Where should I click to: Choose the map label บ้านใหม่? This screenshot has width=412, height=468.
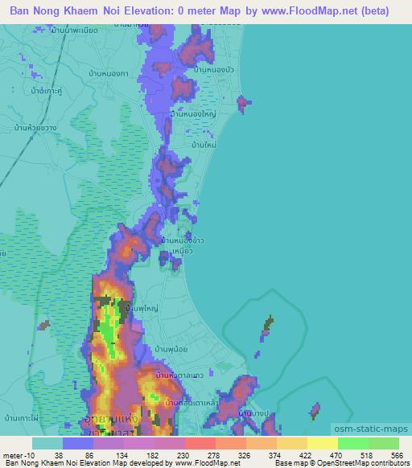pyautogui.click(x=203, y=146)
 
